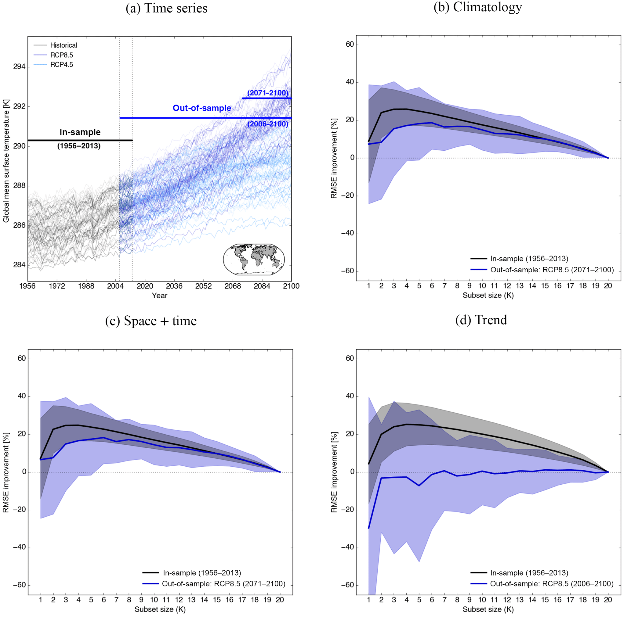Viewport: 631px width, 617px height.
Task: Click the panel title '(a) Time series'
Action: coord(166,8)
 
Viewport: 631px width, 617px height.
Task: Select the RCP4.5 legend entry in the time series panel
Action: coord(61,65)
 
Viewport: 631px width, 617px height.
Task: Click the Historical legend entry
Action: coord(63,45)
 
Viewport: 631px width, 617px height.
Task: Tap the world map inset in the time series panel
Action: coord(254,259)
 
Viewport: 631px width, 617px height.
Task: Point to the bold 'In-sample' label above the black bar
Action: coord(80,132)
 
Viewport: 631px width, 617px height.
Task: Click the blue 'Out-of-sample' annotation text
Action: coord(202,108)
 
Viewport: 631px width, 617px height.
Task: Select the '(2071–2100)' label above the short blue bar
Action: coord(268,93)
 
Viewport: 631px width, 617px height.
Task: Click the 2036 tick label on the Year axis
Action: coord(174,286)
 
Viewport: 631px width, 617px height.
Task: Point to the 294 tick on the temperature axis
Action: coord(19,67)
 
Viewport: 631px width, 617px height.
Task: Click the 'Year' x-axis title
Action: coord(160,296)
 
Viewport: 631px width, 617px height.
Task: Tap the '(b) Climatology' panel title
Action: coord(477,7)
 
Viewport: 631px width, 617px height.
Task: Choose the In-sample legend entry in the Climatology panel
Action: coord(529,259)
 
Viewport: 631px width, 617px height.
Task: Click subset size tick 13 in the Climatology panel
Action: coord(520,286)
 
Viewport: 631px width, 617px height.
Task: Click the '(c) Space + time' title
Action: coord(151,321)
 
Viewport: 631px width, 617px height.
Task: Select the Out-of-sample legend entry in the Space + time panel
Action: coord(223,584)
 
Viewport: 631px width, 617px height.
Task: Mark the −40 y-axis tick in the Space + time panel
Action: coord(19,547)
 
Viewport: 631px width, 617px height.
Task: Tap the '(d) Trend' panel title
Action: coord(481,320)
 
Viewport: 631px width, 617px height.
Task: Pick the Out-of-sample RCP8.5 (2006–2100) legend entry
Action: coord(552,584)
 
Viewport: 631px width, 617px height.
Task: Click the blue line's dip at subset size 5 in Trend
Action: coord(419,486)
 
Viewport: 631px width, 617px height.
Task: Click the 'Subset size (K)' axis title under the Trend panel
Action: coord(488,609)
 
